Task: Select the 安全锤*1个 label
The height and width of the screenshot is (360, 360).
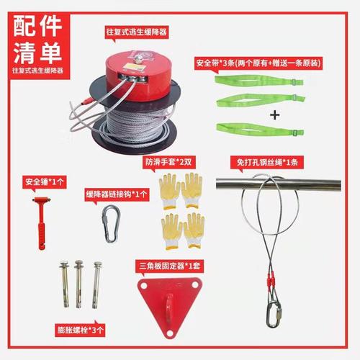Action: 45,181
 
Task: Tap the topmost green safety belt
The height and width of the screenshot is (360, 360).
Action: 257,81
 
